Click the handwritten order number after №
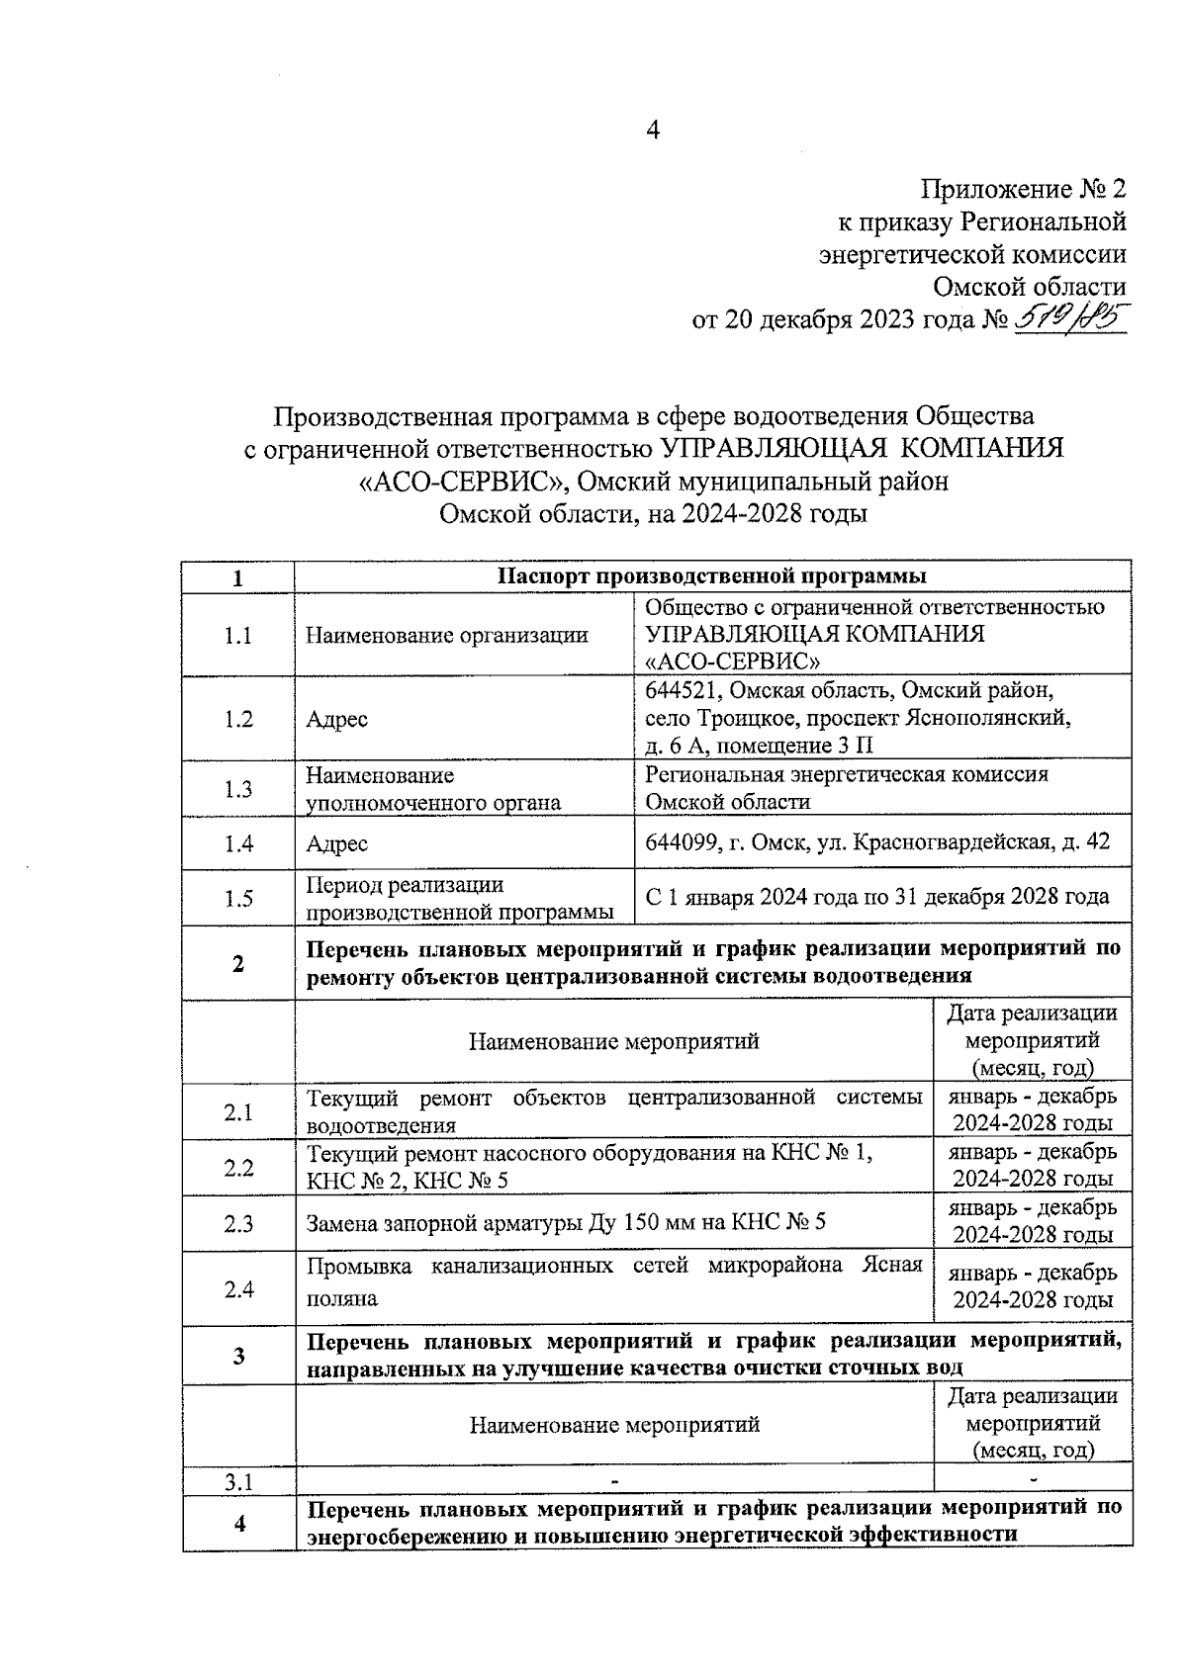1071,318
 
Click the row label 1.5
237,898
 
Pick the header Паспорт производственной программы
712,576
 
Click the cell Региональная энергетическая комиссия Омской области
846,788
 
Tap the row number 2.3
237,1224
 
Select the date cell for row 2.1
1033,1109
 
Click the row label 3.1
237,1481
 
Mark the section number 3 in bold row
238,1356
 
